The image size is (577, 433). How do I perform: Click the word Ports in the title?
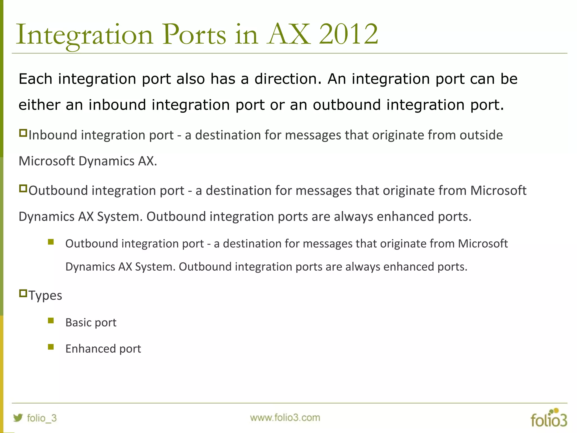pos(194,34)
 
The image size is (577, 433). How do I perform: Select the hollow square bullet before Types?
pos(23,293)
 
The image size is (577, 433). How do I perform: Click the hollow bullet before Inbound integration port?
pos(23,133)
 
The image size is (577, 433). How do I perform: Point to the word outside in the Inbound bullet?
pos(481,135)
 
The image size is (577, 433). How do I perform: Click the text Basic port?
pos(91,322)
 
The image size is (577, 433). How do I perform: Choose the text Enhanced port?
pos(103,349)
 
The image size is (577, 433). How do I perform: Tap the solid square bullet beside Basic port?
pos(51,321)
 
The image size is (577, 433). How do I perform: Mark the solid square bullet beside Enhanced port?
pos(51,347)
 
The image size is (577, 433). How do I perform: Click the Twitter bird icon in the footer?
pos(18,417)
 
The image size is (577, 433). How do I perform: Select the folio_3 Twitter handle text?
pos(42,418)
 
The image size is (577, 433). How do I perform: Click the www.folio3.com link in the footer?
pos(285,417)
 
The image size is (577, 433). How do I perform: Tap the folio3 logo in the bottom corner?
pos(549,418)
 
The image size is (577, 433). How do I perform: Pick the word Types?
pos(45,296)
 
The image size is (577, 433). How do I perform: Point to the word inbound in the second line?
pos(117,105)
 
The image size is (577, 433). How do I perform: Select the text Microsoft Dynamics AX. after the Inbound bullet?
pos(88,161)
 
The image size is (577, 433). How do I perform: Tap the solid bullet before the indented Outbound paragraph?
pos(51,242)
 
